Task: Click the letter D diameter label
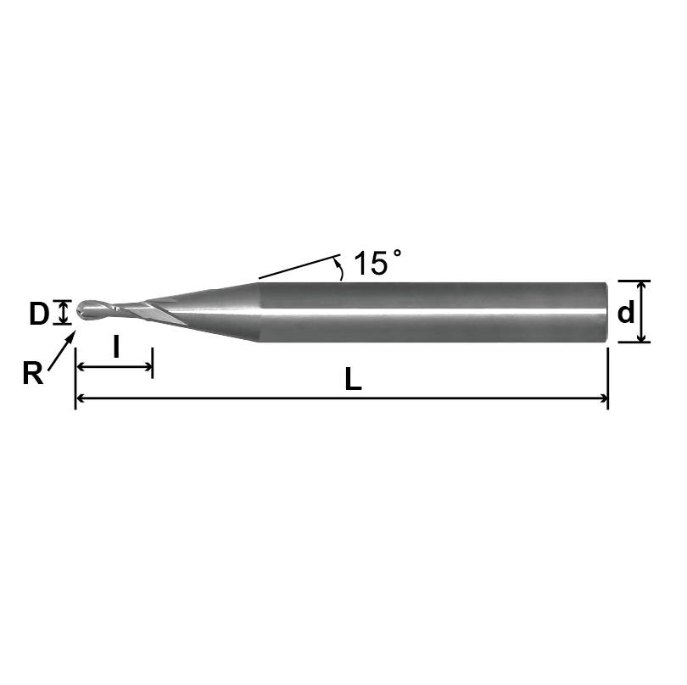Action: coord(38,314)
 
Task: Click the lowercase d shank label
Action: coord(626,313)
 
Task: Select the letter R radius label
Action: coord(32,374)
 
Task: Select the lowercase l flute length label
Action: coord(115,346)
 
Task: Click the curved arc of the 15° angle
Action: coord(340,270)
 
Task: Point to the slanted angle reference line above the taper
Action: coord(297,266)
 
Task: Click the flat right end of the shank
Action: coord(606,312)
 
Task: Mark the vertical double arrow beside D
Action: coord(61,313)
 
